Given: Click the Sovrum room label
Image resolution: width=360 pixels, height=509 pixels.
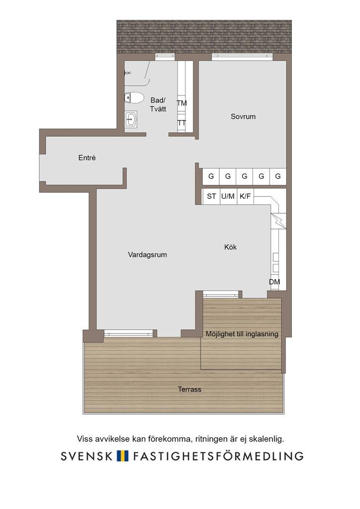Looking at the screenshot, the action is click(x=243, y=116).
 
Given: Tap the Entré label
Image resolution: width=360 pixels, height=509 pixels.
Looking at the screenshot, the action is click(x=87, y=158).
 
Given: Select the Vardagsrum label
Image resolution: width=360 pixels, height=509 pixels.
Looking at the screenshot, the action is click(x=147, y=255).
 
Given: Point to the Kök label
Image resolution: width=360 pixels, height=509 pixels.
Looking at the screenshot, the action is click(x=231, y=247).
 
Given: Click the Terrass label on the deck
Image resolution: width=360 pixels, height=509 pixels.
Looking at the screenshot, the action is click(x=189, y=389).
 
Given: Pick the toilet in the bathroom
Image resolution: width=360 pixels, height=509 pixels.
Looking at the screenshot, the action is click(x=134, y=97).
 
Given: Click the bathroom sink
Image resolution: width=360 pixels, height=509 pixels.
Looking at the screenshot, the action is click(x=131, y=119).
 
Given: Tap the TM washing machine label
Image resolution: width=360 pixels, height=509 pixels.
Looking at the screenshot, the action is click(x=182, y=103).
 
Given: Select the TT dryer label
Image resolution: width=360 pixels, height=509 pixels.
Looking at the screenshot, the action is click(x=182, y=123).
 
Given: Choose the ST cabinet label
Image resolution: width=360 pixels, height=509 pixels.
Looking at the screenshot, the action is click(x=211, y=196).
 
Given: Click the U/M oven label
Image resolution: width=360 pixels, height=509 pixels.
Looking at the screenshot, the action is click(x=228, y=196).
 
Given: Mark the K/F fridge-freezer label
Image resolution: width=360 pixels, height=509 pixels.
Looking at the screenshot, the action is click(x=245, y=196).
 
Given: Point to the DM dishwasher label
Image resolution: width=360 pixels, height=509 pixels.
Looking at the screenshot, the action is click(x=274, y=282).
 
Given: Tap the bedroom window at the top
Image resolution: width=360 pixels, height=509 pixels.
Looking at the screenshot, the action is click(x=242, y=57).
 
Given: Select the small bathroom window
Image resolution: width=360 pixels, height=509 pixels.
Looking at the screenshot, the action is click(x=165, y=57).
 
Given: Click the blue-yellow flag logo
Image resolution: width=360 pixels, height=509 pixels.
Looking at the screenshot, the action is click(x=123, y=456).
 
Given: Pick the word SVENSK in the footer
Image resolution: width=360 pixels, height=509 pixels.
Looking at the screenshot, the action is click(x=87, y=456).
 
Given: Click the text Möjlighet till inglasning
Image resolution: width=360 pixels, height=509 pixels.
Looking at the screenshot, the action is click(x=242, y=334).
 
